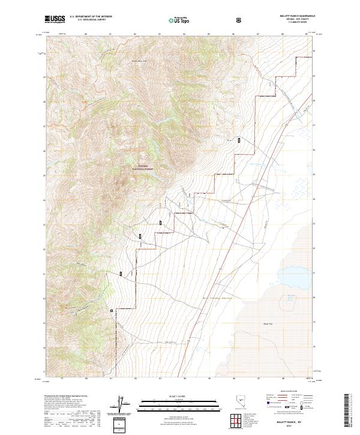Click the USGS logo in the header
coord(55,19)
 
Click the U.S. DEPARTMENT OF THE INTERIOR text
coord(91,17)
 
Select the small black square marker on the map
coord(112,310)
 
